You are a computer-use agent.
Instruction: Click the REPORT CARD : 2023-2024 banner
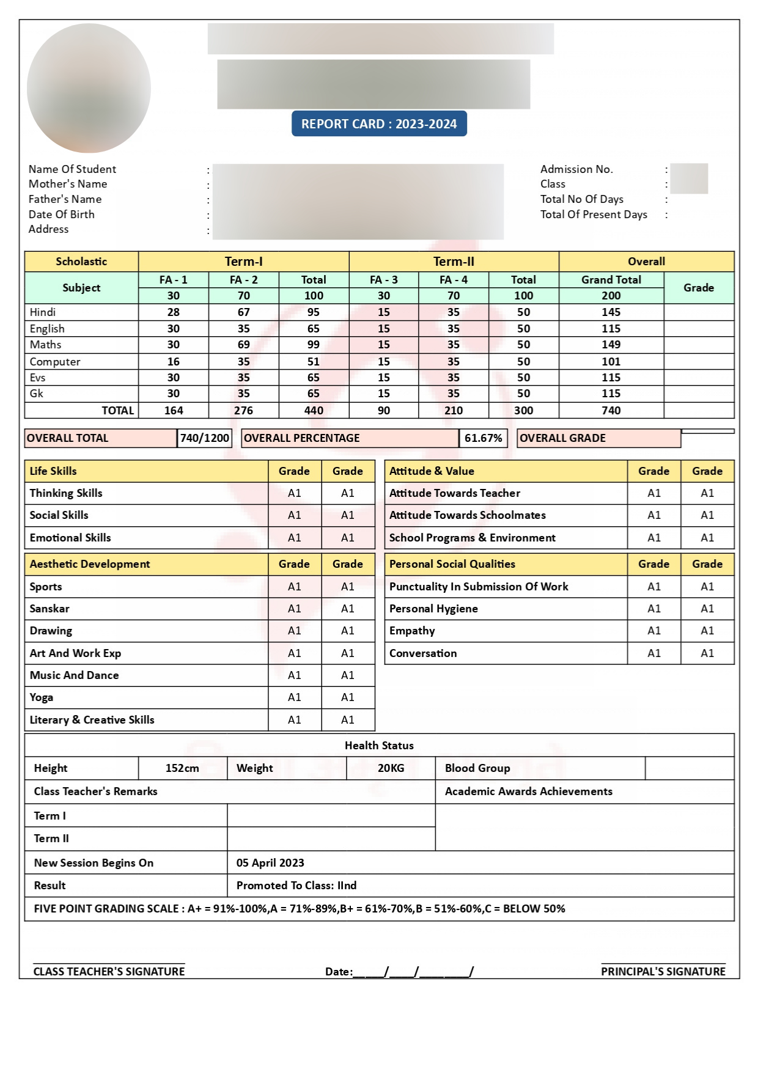click(379, 124)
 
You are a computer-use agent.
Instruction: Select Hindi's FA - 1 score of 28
click(174, 312)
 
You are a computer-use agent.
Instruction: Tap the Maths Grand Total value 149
click(611, 345)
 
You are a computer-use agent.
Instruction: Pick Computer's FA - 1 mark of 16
click(174, 362)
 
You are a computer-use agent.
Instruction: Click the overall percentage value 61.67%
click(483, 438)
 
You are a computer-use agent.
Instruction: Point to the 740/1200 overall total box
click(205, 438)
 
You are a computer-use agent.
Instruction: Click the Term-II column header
click(454, 262)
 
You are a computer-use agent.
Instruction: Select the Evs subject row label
click(38, 378)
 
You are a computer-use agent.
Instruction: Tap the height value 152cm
click(182, 768)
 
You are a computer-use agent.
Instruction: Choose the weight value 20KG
click(391, 768)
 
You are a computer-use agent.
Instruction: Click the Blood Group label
click(477, 768)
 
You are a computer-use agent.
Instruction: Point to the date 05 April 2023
click(270, 863)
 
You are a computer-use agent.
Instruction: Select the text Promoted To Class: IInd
click(296, 886)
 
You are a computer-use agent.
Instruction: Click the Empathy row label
click(412, 631)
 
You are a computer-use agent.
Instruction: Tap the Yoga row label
click(42, 697)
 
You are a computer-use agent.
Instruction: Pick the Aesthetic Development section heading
click(90, 564)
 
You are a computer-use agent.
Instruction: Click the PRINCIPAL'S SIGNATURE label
click(663, 972)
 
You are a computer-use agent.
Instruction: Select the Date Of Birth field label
click(62, 215)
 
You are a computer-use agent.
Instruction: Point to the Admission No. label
click(576, 169)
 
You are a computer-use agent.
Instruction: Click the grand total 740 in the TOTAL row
click(611, 411)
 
